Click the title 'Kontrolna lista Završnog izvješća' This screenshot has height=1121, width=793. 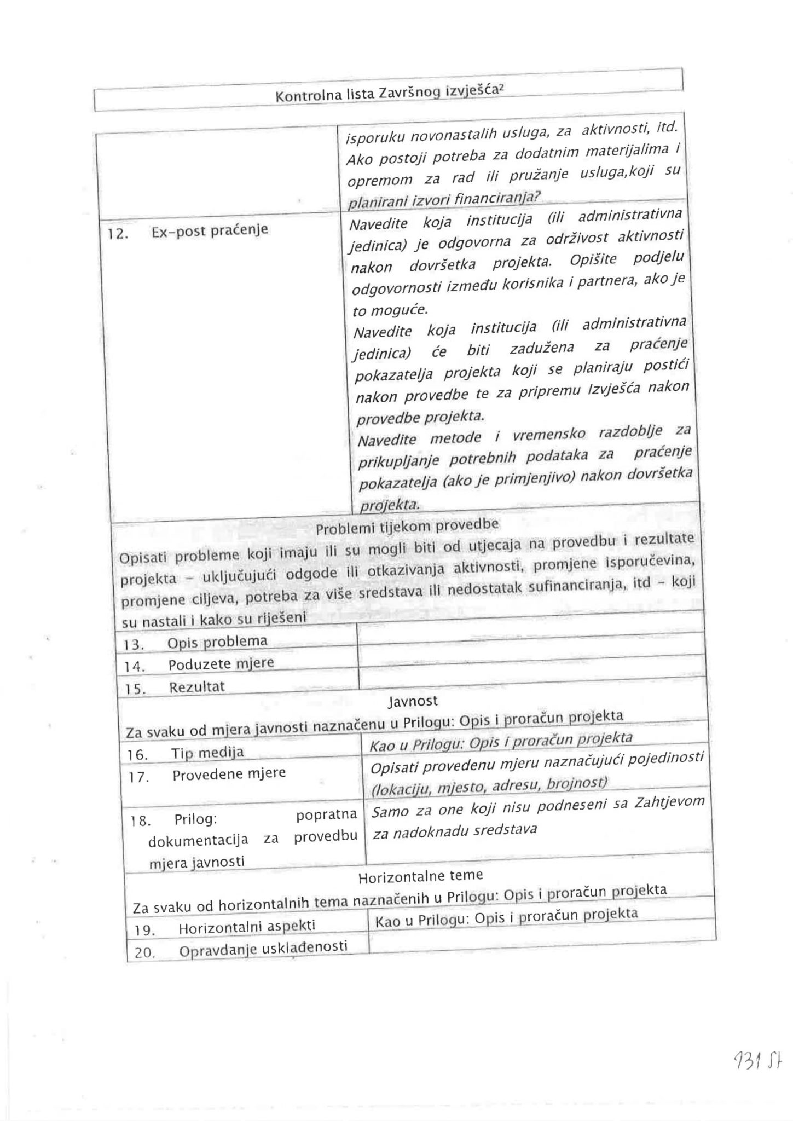coord(388,94)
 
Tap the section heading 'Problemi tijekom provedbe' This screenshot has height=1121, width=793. coord(407,527)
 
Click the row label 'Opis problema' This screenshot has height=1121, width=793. coord(217,642)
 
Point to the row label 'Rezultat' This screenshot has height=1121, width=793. coord(197,687)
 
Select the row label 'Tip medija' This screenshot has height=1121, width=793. coord(207,753)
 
